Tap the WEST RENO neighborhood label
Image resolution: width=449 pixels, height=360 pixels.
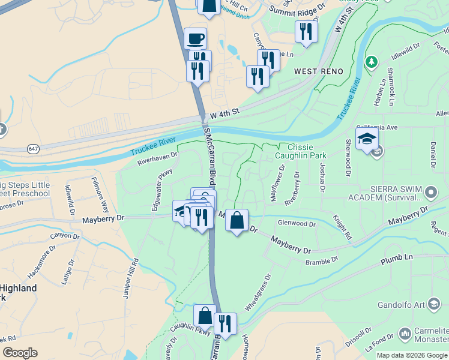point(319,71)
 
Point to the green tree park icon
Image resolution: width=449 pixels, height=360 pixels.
point(372,62)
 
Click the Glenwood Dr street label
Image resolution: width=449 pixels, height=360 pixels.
point(297,223)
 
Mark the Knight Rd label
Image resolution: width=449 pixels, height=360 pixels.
point(342,229)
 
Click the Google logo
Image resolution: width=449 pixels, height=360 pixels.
point(20,353)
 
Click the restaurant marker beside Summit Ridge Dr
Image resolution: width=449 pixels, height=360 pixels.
point(306,31)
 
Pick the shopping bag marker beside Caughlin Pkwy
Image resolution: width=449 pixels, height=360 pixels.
point(205,316)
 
